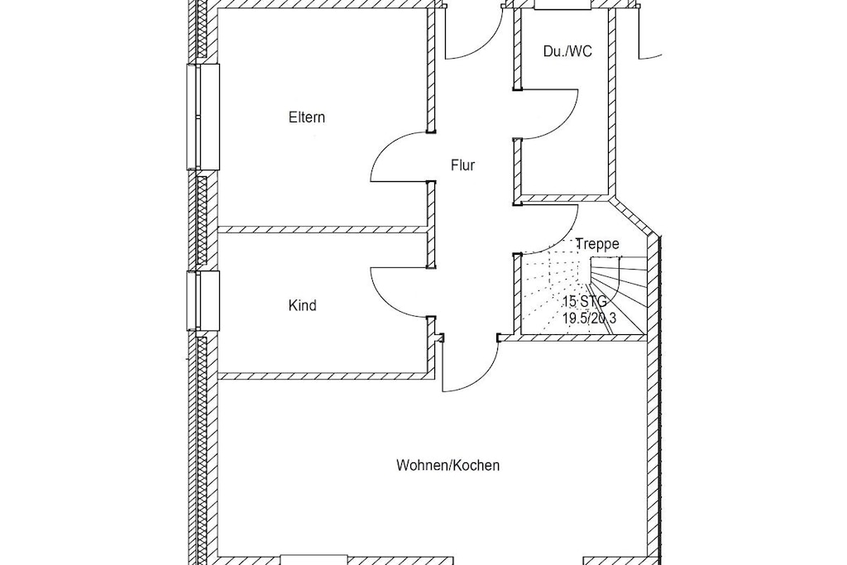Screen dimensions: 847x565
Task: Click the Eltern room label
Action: pyautogui.click(x=307, y=117)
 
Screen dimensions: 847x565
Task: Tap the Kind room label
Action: pyautogui.click(x=303, y=306)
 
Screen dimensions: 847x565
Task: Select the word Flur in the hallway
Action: pyautogui.click(x=463, y=165)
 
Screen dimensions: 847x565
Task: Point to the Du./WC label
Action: pyautogui.click(x=567, y=51)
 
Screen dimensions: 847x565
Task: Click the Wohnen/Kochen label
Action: pyautogui.click(x=447, y=465)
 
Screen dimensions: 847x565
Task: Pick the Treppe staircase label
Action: pyautogui.click(x=597, y=244)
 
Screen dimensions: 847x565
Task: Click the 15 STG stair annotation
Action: pyautogui.click(x=585, y=301)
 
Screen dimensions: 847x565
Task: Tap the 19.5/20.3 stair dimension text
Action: pyautogui.click(x=589, y=318)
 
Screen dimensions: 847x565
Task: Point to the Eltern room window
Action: pyautogui.click(x=203, y=117)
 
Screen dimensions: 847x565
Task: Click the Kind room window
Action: pyautogui.click(x=203, y=301)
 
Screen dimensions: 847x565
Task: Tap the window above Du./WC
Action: pyautogui.click(x=562, y=4)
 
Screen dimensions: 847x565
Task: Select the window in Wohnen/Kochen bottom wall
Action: pyautogui.click(x=313, y=559)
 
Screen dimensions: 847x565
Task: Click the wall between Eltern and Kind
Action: pyautogui.click(x=323, y=230)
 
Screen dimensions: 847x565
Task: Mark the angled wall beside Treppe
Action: pyautogui.click(x=634, y=218)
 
